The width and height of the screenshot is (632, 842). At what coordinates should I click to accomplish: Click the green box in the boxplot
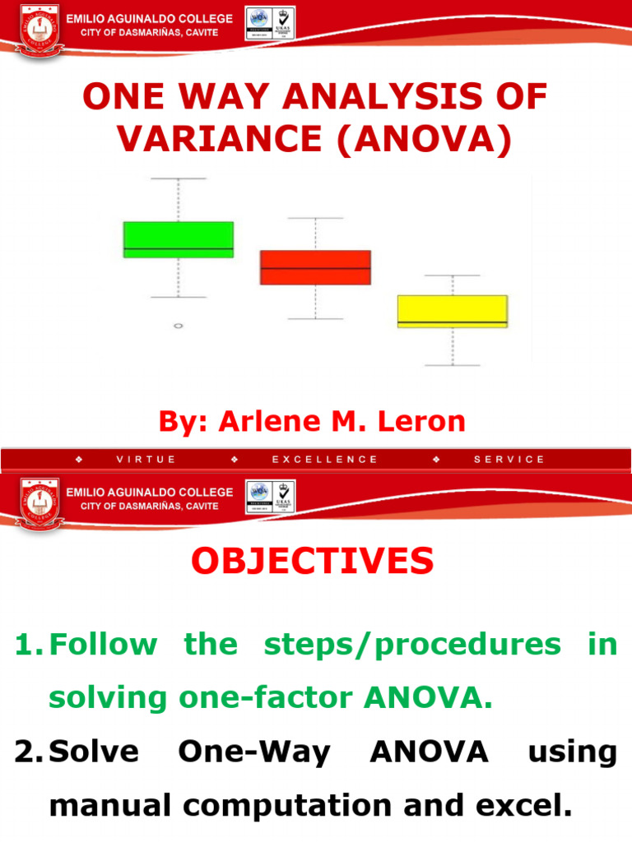[x=179, y=238]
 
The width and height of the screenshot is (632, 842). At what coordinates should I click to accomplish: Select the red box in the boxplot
[x=315, y=267]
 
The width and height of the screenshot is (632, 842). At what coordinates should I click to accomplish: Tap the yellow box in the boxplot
[x=453, y=311]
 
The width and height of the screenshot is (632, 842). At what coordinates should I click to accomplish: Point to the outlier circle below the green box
[x=179, y=326]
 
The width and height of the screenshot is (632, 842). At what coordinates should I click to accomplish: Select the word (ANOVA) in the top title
[x=421, y=139]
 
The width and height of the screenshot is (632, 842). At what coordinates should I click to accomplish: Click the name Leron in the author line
[x=421, y=422]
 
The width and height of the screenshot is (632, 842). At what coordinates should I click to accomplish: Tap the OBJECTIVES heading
[x=313, y=562]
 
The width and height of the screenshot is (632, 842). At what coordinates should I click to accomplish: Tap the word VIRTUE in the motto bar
[x=146, y=460]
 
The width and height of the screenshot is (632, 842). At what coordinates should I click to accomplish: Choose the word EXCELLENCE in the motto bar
[x=325, y=460]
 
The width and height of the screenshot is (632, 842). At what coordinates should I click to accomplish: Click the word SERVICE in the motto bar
[x=509, y=460]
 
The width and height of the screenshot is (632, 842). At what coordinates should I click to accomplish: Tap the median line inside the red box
[x=315, y=268]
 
